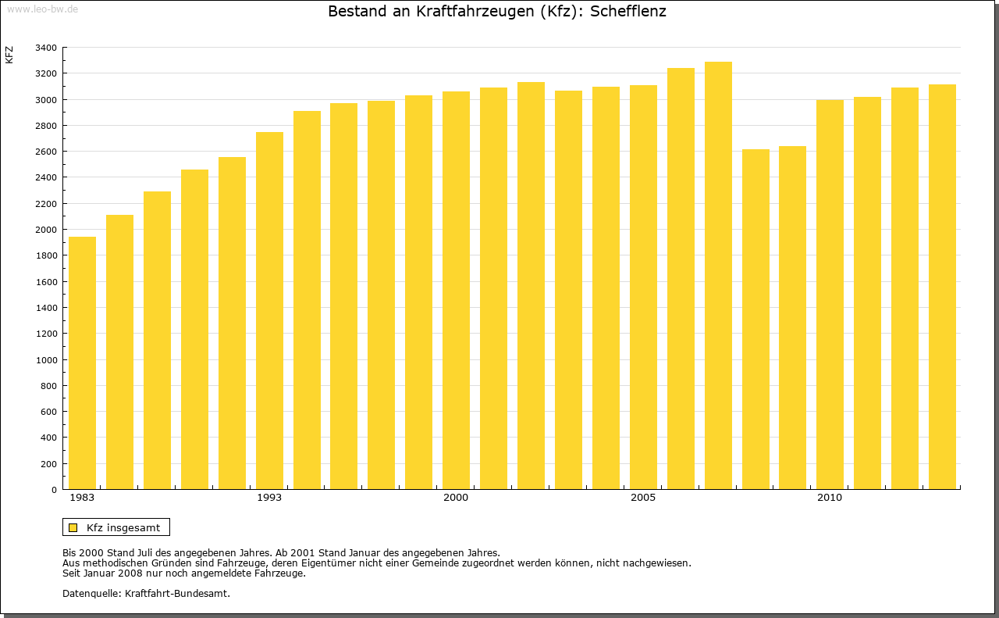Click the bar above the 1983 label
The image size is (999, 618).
coord(82,363)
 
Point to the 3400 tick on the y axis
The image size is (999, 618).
coord(46,48)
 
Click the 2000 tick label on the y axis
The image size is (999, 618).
coord(46,230)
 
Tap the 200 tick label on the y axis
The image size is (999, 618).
coord(48,464)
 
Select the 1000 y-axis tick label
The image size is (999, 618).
coord(46,360)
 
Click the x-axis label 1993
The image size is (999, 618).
coord(269,498)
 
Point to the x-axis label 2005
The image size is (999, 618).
coord(643,498)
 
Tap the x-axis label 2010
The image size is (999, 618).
coord(830,498)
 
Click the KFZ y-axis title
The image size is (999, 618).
coord(9,55)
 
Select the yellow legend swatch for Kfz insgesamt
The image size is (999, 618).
coord(73,527)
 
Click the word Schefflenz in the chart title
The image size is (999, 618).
coord(628,12)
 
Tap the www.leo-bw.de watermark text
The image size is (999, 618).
coord(42,8)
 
